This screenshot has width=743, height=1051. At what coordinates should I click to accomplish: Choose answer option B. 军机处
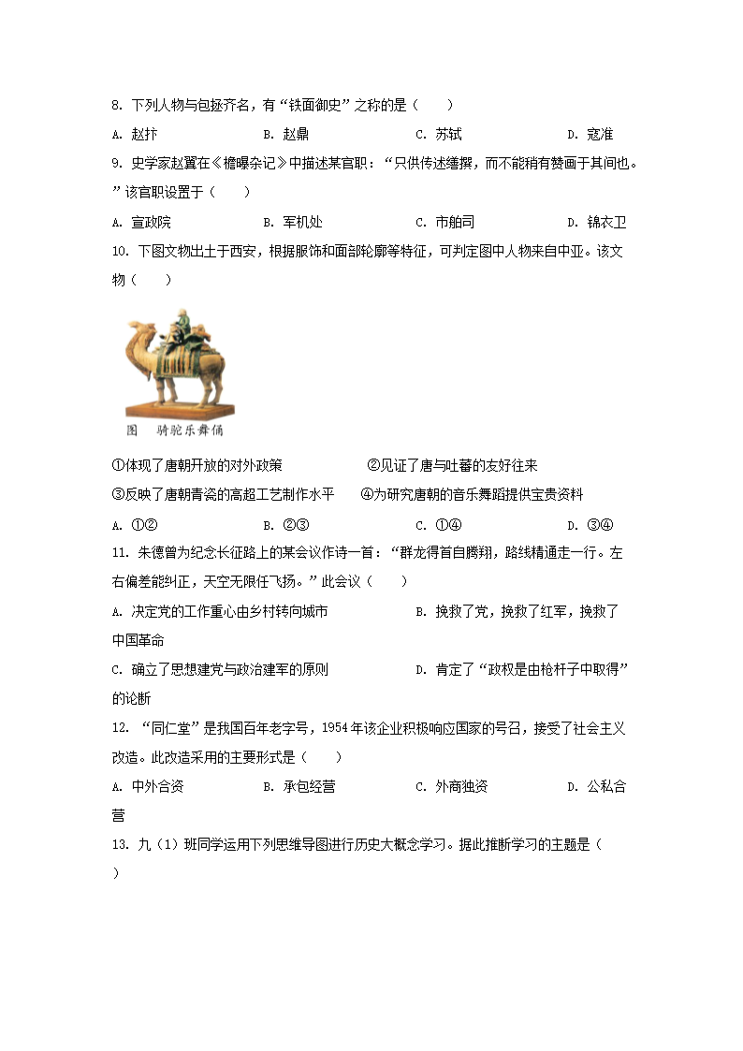click(x=293, y=223)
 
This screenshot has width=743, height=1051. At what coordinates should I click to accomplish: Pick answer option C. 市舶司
click(x=444, y=223)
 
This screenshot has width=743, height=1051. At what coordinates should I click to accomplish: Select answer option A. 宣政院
click(x=141, y=223)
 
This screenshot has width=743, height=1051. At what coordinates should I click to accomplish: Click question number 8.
click(x=116, y=106)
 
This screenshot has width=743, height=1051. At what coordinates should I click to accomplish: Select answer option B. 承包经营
click(x=299, y=787)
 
